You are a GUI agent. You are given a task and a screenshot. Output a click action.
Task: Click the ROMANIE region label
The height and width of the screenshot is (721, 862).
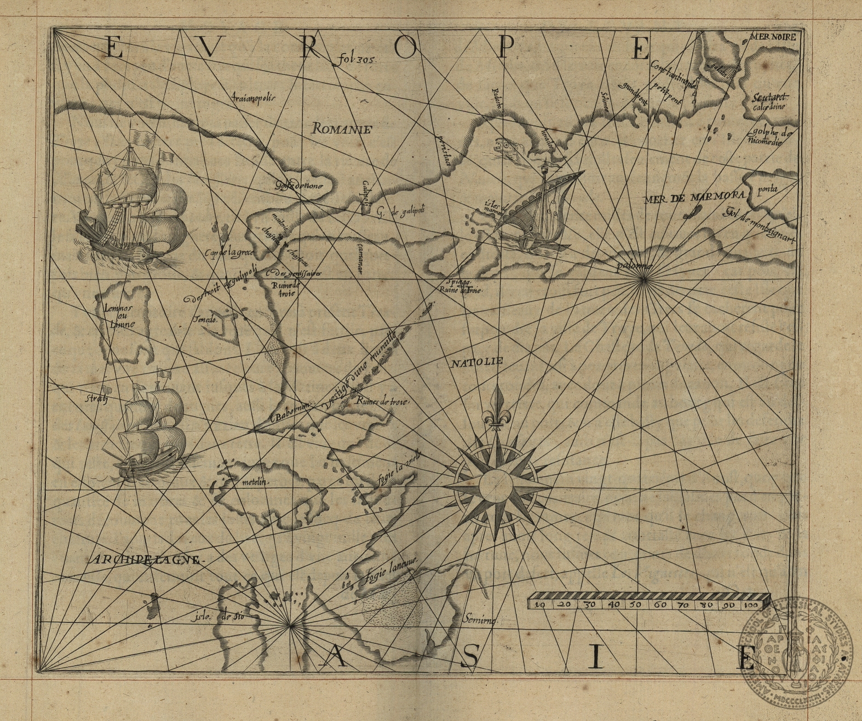342,130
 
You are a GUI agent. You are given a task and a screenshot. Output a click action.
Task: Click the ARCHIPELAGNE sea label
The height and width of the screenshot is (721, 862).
145,560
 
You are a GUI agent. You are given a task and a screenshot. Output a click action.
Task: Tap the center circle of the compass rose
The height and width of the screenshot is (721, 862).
496,486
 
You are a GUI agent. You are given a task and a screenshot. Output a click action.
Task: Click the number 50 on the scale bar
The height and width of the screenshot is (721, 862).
635,605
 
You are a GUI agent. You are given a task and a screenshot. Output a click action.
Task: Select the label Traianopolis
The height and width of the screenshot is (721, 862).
252,98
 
